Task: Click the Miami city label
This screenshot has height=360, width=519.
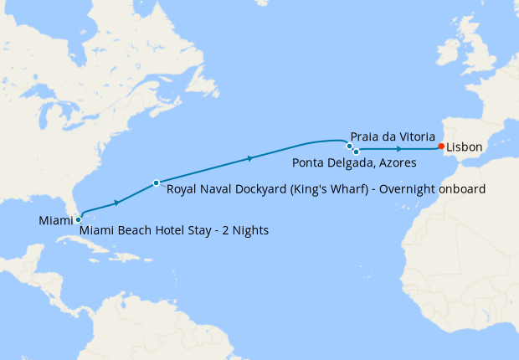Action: [55, 220]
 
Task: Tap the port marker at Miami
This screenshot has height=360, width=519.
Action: [78, 219]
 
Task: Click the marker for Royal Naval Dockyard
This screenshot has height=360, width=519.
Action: [157, 183]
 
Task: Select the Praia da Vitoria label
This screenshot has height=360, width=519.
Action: [393, 135]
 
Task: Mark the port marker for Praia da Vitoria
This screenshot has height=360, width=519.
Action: [350, 146]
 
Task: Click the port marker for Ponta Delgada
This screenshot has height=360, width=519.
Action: [356, 152]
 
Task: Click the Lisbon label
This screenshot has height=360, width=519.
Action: [465, 147]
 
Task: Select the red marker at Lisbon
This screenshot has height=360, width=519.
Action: [441, 147]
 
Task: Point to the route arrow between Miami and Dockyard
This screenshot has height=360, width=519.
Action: [117, 201]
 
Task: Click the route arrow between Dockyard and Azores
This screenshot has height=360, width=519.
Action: [249, 157]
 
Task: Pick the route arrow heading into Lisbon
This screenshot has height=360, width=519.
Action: [399, 149]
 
